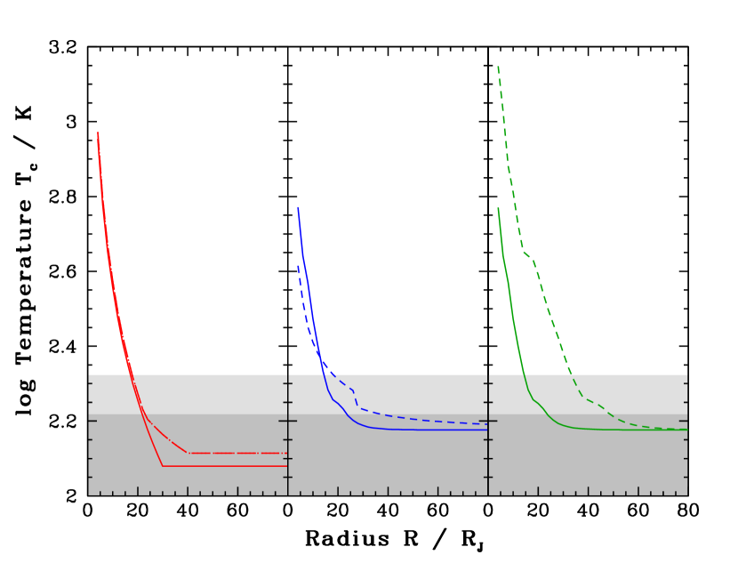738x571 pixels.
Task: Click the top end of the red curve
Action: pos(98,133)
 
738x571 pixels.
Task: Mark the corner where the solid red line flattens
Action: pos(163,466)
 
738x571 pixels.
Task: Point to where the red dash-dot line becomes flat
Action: pos(188,453)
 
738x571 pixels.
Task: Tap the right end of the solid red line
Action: pos(287,466)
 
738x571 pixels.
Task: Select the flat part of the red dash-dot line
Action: pos(237,453)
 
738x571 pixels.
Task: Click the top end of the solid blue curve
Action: pos(298,207)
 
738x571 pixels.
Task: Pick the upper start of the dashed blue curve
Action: pos(298,265)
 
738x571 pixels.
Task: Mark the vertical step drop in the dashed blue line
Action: pos(356,399)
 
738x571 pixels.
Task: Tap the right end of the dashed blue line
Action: pos(486,424)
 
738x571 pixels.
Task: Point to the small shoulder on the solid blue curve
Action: pos(336,401)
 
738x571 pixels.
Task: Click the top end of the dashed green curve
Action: pos(498,67)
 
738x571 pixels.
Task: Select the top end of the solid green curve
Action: pos(498,208)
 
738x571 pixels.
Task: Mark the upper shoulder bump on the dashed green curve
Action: pos(526,254)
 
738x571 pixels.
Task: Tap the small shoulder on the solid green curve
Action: pos(536,401)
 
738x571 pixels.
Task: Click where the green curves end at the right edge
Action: pos(686,430)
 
